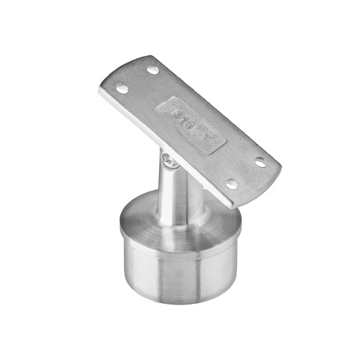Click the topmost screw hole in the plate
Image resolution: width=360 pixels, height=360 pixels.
coord(152,71)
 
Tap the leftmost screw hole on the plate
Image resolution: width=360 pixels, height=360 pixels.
coord(122,89)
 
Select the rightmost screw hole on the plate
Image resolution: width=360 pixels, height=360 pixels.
coord(261,163)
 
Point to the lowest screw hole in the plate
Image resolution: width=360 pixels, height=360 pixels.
coord(231,185)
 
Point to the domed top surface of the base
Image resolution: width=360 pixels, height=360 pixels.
coord(144,216)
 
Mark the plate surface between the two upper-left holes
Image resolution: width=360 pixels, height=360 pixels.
coord(138,80)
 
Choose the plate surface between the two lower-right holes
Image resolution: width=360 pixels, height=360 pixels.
coord(246,174)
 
